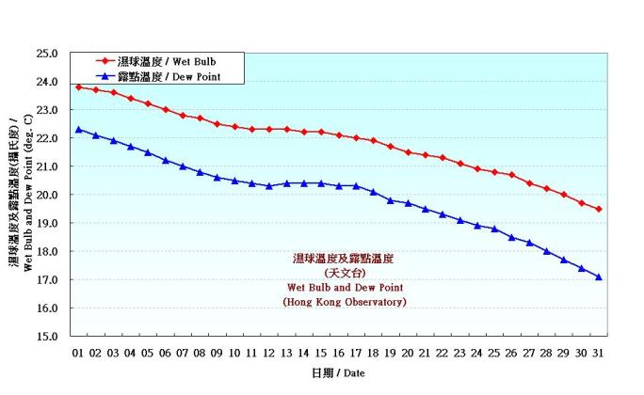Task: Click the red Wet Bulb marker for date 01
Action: pos(78,87)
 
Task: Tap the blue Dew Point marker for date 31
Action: pos(599,276)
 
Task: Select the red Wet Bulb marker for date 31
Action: pos(599,209)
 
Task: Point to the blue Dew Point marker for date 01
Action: pos(78,130)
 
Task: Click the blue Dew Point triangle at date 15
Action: pos(321,183)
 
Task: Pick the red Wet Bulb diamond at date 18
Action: pos(374,141)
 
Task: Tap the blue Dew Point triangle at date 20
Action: pos(408,203)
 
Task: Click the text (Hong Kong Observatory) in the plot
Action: pos(345,302)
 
